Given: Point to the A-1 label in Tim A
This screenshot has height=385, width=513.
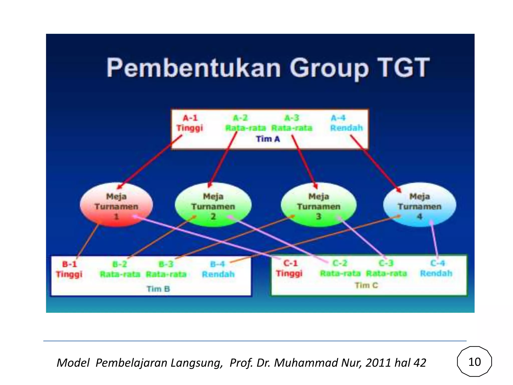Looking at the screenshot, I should click(190, 118).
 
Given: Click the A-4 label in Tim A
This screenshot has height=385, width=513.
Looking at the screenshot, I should click(338, 118).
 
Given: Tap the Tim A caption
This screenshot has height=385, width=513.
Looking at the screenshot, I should click(268, 139).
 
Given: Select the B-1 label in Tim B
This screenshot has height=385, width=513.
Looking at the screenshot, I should click(69, 264).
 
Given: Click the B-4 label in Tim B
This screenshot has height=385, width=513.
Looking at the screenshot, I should click(217, 264).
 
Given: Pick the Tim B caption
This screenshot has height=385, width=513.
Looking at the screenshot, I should click(158, 289).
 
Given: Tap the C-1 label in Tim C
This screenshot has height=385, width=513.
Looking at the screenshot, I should click(290, 263).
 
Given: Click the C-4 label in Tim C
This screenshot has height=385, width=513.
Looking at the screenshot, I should click(437, 263).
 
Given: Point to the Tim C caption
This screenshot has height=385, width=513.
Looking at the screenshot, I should click(366, 285).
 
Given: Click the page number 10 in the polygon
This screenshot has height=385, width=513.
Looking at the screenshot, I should click(474, 362).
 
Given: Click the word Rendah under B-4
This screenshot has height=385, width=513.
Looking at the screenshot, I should click(218, 274).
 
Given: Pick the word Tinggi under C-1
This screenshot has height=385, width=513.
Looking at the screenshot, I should click(289, 273).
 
